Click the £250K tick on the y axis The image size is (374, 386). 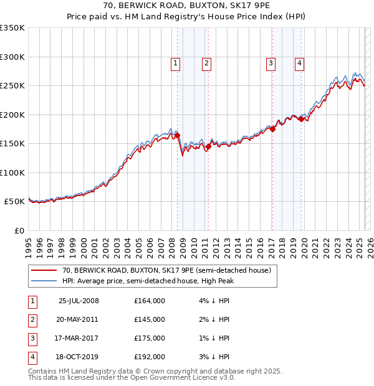12,86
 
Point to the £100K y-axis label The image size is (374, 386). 12,172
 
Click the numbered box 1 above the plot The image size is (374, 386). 175,63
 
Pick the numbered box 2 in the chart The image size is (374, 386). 206,63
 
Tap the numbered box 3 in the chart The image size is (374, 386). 271,63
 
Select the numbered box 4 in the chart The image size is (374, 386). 300,63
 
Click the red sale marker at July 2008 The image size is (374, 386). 177,135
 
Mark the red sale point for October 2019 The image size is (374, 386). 301,119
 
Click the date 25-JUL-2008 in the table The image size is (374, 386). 79,301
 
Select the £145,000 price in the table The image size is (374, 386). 150,319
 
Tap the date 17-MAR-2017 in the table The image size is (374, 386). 79,338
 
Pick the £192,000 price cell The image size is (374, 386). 150,357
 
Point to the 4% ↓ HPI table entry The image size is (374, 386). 214,301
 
